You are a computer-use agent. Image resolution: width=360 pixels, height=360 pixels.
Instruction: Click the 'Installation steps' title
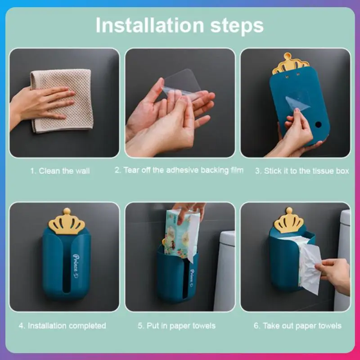pyautogui.click(x=180, y=25)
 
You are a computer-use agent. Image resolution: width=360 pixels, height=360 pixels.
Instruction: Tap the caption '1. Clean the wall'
pyautogui.click(x=60, y=171)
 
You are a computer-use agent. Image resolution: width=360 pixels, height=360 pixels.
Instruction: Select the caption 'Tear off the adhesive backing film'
pyautogui.click(x=183, y=170)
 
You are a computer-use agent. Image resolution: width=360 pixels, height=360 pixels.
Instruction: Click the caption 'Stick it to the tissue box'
pyautogui.click(x=306, y=171)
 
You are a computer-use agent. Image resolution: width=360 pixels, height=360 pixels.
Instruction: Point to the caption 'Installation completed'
pyautogui.click(x=67, y=325)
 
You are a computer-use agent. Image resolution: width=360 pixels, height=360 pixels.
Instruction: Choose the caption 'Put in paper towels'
pyautogui.click(x=181, y=325)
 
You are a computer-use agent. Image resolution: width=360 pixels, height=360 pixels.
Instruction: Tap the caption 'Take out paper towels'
pyautogui.click(x=302, y=325)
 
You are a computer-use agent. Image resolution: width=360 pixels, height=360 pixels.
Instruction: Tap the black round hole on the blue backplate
pyautogui.click(x=318, y=125)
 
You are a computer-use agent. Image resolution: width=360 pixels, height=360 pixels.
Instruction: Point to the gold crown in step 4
pyautogui.click(x=67, y=221)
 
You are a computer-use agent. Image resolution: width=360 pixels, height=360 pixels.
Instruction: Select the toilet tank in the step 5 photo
pyautogui.click(x=225, y=271)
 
